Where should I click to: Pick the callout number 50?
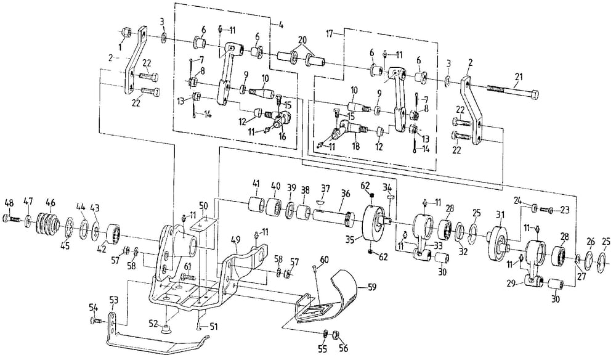coord(204,205)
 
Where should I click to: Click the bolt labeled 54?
coord(95,321)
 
